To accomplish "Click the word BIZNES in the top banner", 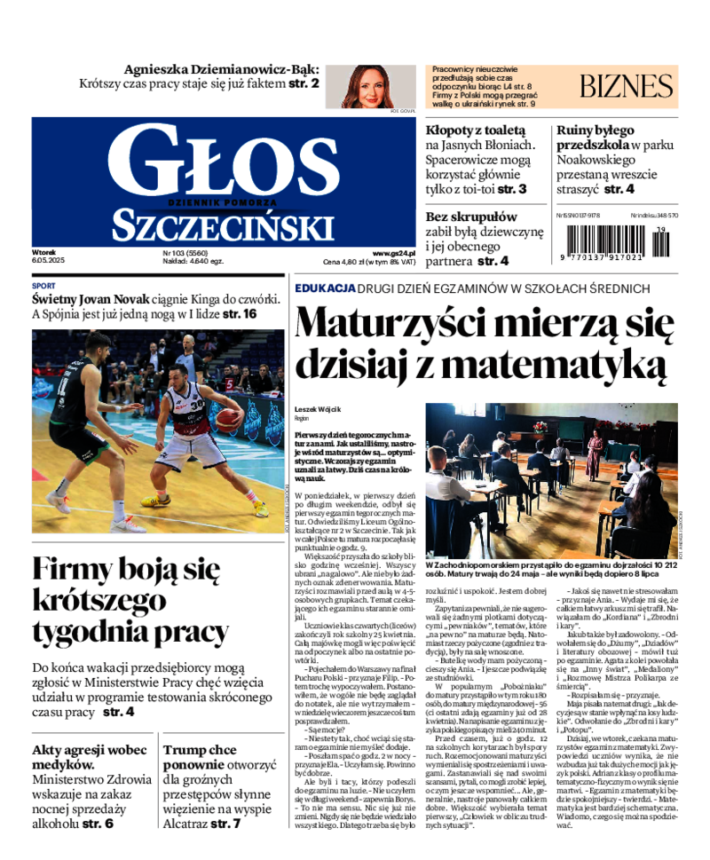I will [x=627, y=86].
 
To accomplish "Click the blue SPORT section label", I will [x=43, y=287].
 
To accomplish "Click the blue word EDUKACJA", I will [x=326, y=288].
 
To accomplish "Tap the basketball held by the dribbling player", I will [x=229, y=418].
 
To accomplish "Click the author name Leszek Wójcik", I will [x=319, y=410].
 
